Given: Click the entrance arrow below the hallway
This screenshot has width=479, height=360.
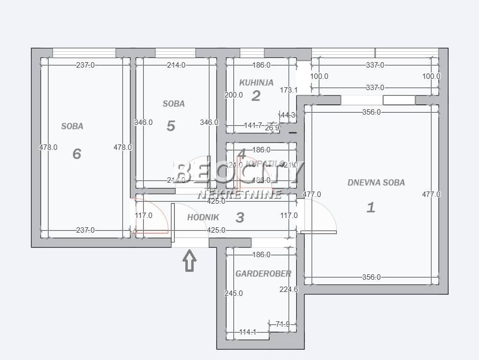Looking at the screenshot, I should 190,261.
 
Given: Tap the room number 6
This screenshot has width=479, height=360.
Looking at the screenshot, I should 76,154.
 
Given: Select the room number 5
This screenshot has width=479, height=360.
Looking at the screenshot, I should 171,126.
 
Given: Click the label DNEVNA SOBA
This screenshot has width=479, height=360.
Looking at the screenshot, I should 376,183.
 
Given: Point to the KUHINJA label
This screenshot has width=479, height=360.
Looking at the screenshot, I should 256,83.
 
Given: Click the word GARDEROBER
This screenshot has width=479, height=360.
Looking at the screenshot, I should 263,274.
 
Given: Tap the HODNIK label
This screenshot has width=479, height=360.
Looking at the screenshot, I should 203,217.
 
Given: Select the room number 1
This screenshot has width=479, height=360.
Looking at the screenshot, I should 371,207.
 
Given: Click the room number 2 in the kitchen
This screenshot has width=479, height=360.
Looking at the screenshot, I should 255,96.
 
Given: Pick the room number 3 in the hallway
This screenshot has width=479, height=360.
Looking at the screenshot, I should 240,217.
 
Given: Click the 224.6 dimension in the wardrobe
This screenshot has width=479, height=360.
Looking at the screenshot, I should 289,289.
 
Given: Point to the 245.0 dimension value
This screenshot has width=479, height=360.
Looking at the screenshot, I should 233,293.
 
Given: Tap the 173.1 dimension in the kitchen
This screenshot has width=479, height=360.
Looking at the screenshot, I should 289,90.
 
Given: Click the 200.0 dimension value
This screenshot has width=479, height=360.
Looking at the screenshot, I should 233,95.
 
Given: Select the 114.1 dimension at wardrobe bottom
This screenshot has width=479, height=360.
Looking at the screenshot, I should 248,333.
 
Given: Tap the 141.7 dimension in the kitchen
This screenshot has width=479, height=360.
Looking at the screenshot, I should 253,125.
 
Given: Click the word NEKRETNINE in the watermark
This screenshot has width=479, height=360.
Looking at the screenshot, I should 239,194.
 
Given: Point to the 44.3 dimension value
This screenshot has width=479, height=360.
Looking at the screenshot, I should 288,115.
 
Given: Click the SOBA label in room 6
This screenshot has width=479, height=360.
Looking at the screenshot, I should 72,126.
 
